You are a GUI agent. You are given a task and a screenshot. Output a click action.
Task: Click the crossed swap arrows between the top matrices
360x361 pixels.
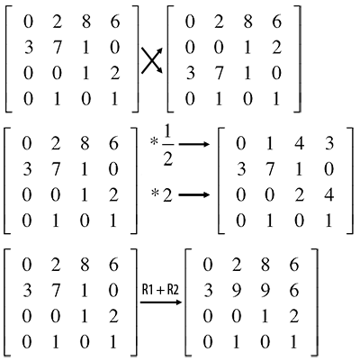click(x=152, y=60)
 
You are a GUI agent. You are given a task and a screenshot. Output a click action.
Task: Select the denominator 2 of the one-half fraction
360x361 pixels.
click(x=167, y=158)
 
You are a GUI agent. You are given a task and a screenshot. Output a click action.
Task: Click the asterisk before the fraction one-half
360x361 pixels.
click(x=155, y=140)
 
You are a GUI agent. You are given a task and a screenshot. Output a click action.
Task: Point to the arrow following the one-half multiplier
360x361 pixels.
click(x=193, y=144)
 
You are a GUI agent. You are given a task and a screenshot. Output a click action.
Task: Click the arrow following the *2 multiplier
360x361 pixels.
click(x=193, y=195)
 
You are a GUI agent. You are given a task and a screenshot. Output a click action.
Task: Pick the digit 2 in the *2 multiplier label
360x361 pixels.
click(x=167, y=195)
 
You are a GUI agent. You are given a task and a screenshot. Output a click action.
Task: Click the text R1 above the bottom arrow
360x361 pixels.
click(x=147, y=290)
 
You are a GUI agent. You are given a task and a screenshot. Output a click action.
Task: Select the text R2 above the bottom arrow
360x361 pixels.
click(x=174, y=290)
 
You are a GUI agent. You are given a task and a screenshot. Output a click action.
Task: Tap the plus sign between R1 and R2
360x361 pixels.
click(x=160, y=291)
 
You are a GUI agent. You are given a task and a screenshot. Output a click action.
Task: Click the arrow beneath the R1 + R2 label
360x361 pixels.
click(x=161, y=302)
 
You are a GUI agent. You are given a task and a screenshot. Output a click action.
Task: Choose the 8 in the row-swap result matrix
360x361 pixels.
click(x=247, y=22)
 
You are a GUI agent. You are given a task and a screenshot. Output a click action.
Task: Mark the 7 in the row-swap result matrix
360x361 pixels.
click(x=218, y=73)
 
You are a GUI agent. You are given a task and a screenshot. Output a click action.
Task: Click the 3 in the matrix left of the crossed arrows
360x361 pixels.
click(x=28, y=48)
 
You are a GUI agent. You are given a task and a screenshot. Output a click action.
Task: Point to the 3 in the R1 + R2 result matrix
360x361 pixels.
click(x=208, y=291)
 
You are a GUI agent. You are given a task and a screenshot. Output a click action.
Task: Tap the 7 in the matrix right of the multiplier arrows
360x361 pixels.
click(x=270, y=169)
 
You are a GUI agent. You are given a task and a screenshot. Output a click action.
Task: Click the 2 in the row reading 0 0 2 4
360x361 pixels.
click(x=299, y=195)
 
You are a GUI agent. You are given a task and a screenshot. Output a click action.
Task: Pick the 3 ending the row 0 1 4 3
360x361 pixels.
click(x=329, y=144)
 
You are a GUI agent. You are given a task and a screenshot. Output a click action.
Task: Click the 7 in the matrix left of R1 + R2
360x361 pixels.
click(x=56, y=291)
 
